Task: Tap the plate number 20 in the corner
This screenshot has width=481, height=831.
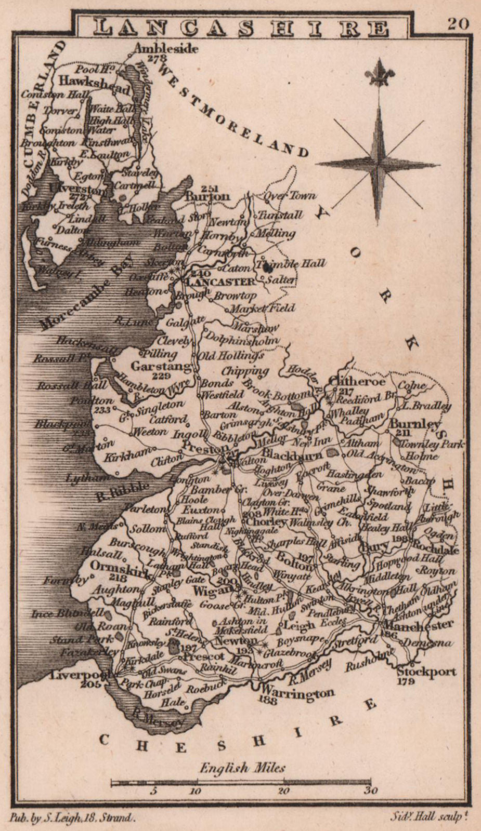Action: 458,23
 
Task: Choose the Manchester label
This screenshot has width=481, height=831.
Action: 420,624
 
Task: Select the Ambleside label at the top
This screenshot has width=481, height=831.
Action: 166,49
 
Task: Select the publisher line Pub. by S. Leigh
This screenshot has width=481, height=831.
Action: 73,818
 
